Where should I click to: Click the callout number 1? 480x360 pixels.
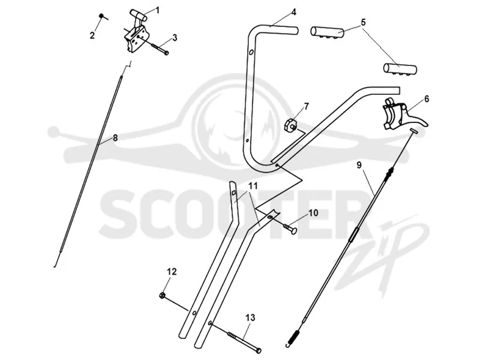pos(158,10)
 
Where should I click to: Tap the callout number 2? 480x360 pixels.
pos(92,35)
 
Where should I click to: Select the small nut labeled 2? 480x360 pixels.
pos(101,16)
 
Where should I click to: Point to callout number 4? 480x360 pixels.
pos(294,13)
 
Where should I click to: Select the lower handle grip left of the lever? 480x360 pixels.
pos(400,68)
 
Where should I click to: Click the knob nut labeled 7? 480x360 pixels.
pos(290,125)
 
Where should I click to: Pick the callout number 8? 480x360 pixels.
pos(115,138)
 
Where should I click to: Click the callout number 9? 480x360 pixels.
pos(359,165)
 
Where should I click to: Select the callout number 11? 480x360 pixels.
pos(253,185)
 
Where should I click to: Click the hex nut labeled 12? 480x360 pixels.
pos(163,295)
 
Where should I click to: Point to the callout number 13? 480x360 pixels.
pos(250,318)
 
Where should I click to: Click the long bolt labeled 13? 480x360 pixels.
pos(244,341)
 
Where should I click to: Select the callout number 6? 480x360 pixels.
pos(427,99)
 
